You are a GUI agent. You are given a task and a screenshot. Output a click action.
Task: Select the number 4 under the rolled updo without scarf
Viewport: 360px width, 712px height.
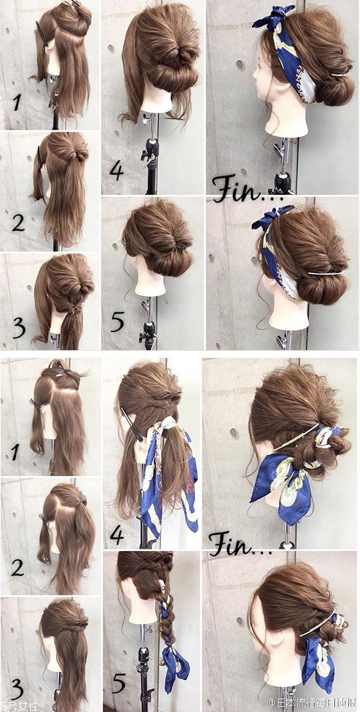[116, 172]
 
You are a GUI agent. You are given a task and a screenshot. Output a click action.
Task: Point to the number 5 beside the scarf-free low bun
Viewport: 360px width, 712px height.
[117, 322]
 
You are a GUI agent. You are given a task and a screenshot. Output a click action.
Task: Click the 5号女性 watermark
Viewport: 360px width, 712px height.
[19, 706]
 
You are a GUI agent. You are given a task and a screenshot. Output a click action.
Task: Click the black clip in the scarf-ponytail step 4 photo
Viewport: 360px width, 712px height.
[131, 424]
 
